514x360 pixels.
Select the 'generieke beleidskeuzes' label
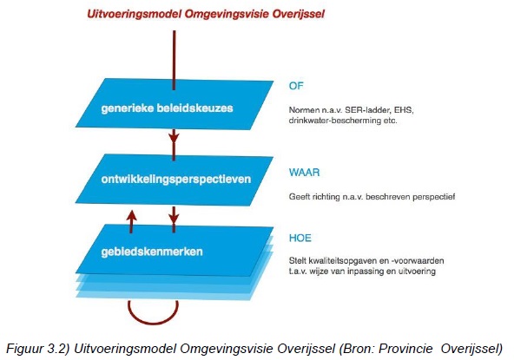[168, 108]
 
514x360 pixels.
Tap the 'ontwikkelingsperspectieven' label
[176, 180]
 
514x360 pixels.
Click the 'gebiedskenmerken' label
[152, 252]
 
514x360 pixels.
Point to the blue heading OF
[296, 86]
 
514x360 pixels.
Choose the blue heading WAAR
[304, 173]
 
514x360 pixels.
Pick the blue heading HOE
[300, 238]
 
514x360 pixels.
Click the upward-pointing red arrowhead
[131, 216]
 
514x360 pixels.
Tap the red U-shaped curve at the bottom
[153, 323]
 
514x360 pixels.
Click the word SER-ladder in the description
[368, 110]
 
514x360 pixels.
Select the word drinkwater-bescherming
[334, 121]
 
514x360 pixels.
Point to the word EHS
[404, 110]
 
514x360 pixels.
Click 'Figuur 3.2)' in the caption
[38, 348]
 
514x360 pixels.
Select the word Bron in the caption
[359, 348]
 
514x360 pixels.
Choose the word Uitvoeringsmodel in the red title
[134, 15]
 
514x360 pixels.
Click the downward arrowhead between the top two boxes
[174, 136]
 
